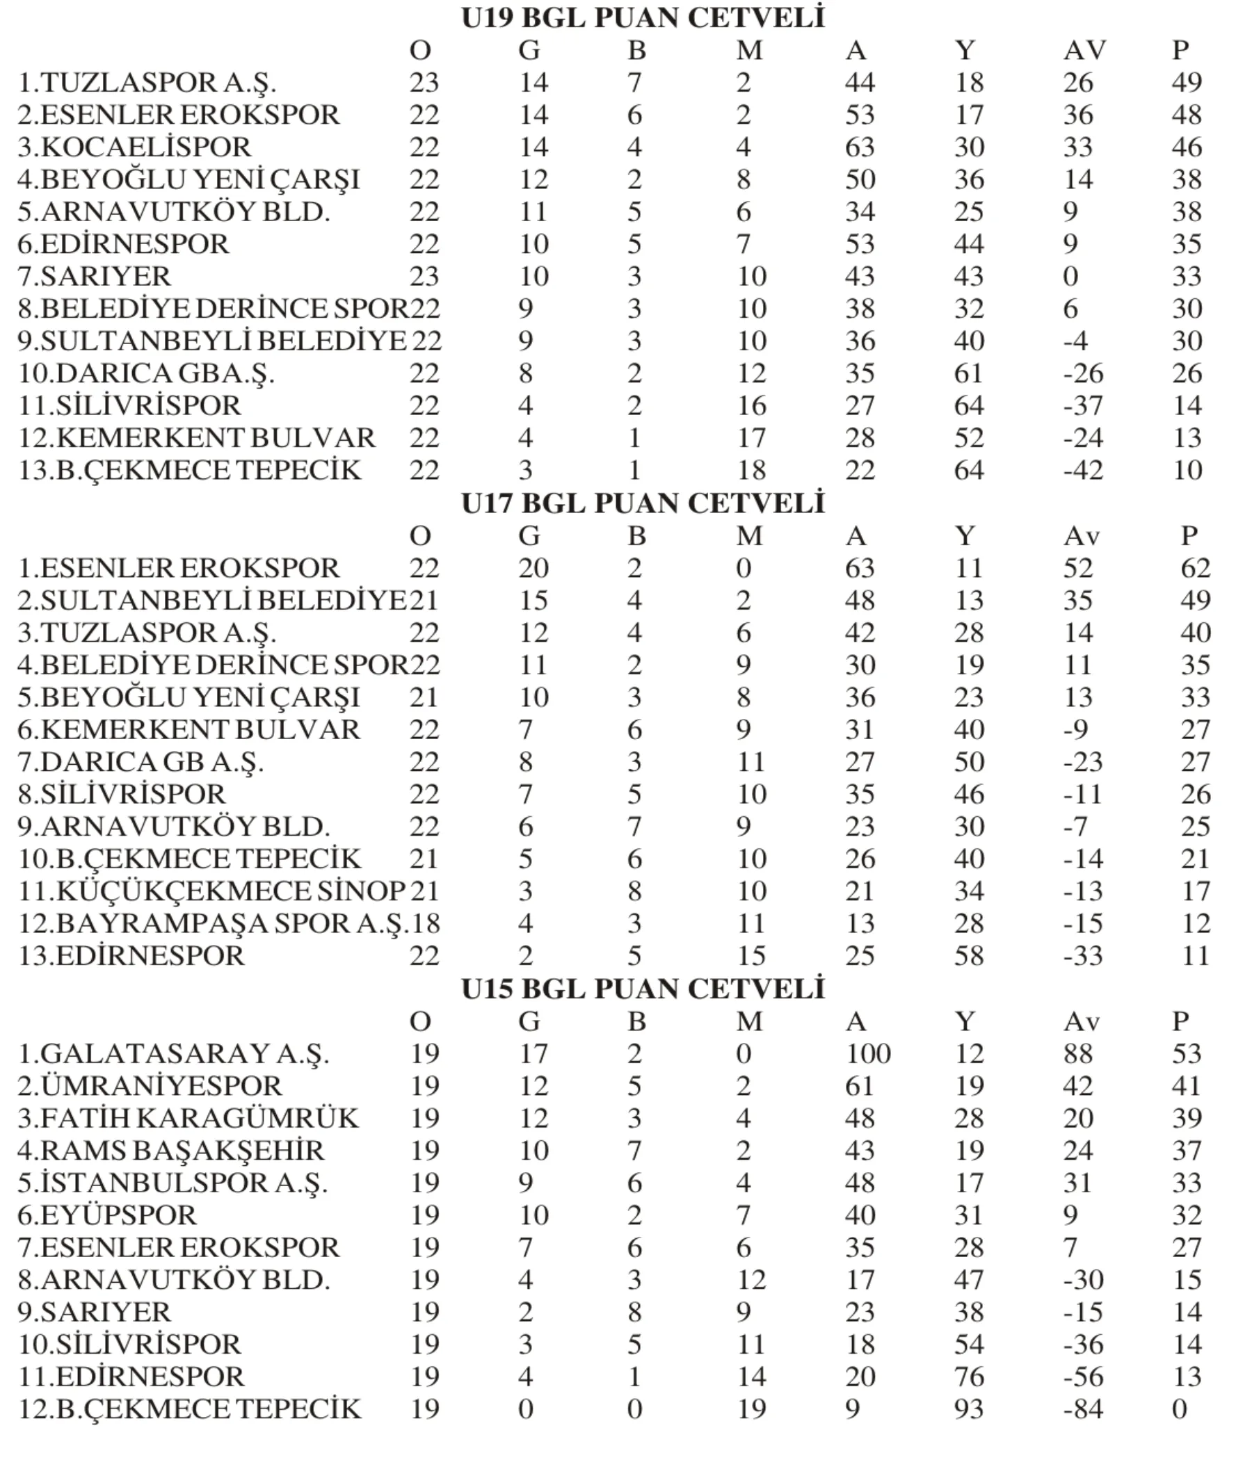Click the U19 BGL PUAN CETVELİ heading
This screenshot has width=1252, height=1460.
point(642,18)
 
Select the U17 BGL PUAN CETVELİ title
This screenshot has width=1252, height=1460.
point(642,504)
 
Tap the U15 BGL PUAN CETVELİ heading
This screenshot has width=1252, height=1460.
point(642,989)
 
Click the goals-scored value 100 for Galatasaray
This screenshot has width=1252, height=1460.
point(868,1053)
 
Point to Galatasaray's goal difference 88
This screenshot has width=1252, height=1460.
point(1078,1053)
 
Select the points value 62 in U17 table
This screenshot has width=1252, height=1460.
point(1196,568)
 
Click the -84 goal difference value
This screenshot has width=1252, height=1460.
point(1083,1409)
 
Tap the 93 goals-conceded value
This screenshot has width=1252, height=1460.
point(970,1409)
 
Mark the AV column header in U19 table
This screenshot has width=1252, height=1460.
point(1084,51)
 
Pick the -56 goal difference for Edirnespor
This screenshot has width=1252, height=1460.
point(1083,1377)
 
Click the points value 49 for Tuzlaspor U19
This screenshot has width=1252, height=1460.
point(1187,83)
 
